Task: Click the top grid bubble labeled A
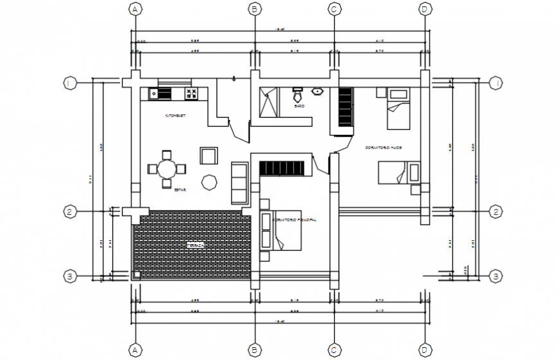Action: (134, 9)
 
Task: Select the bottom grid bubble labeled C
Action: (334, 349)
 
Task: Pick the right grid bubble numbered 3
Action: (495, 276)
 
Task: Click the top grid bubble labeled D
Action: (425, 9)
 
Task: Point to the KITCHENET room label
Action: (175, 116)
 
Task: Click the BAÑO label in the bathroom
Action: (299, 105)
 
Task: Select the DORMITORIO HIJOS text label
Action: (384, 147)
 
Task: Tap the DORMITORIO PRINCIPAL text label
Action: (294, 220)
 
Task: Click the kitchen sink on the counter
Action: (154, 94)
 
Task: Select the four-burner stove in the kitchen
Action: (191, 94)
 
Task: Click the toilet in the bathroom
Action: (298, 92)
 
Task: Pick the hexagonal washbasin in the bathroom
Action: (317, 91)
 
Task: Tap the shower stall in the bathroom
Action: (270, 103)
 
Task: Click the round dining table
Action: (166, 169)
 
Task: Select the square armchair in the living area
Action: (209, 156)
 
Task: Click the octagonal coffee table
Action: (209, 183)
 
